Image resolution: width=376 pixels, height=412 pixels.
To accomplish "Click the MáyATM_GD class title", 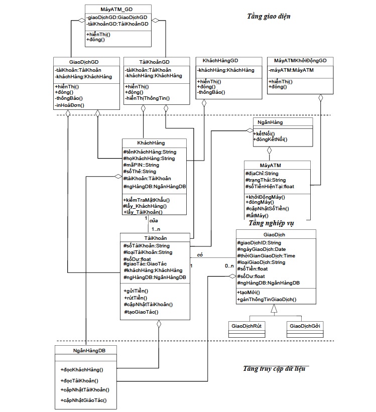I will tap(116, 9).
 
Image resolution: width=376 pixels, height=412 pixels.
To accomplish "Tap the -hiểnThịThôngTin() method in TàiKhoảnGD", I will tap(148, 99).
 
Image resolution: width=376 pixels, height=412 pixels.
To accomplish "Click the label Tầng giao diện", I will tap(269, 17).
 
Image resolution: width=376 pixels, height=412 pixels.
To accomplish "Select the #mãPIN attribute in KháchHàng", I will tap(141, 165).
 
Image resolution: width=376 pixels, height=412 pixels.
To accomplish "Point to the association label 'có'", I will tap(200, 254).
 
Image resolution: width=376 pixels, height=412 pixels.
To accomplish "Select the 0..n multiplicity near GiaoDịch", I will tap(229, 265).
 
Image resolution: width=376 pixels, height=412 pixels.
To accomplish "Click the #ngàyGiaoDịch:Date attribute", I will tap(261, 249).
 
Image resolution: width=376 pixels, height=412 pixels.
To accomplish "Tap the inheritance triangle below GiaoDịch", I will tap(274, 310).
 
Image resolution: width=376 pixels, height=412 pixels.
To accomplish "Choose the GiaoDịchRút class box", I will tap(246, 326).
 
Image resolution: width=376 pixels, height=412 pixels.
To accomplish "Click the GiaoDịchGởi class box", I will tap(305, 326).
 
